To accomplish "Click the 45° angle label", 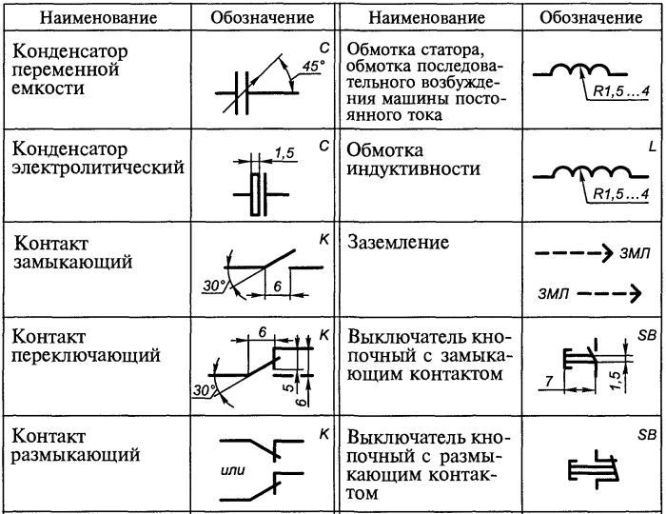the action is (313, 67).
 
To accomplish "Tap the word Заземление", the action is (398, 242).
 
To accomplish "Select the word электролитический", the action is (98, 168).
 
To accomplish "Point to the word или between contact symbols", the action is (233, 470).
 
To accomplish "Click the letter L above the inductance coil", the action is (653, 147).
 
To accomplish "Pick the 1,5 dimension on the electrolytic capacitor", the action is (284, 152).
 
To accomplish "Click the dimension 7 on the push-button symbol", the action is (549, 381).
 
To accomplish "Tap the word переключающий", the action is (86, 356).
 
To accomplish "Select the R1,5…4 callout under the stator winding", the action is (621, 91).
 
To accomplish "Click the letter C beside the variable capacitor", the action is (324, 48).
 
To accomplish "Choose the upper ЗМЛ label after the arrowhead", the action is (635, 253).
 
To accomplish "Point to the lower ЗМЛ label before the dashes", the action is (553, 293).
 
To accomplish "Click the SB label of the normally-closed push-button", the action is (647, 435).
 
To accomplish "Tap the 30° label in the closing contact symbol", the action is (214, 286).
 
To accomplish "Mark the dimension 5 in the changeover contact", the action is (288, 387).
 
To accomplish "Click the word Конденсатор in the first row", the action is (70, 51).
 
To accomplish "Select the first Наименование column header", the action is (99, 18).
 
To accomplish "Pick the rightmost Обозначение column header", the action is (591, 17).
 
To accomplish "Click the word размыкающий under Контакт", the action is (76, 455).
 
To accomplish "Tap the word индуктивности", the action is (414, 169).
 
